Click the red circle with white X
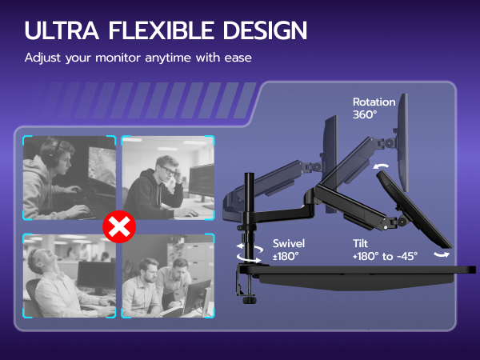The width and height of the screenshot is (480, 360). tap(119, 228)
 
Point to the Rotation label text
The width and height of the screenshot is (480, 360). tap(374, 102)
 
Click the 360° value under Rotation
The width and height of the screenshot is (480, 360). tap(366, 115)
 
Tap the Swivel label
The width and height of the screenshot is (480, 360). tap(288, 243)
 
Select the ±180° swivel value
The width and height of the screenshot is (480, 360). tap(286, 256)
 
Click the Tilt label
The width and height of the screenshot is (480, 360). tap(360, 243)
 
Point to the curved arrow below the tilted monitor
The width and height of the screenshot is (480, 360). tap(441, 254)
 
